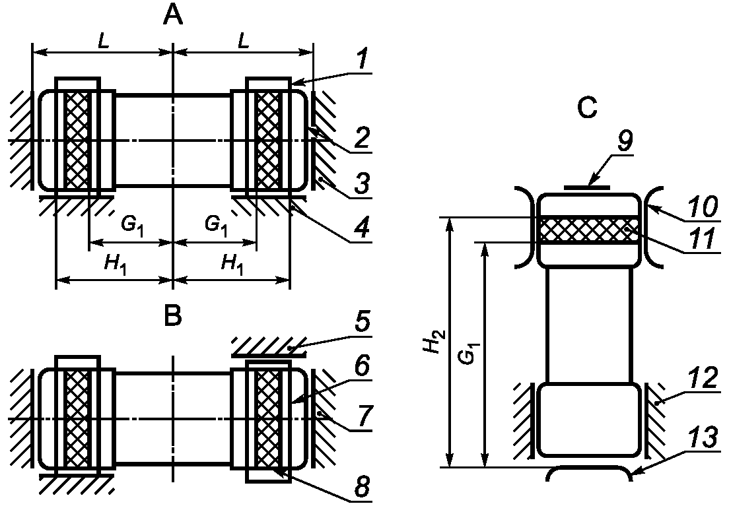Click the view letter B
[x=173, y=316]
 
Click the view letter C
[x=587, y=108]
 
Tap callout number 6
[x=363, y=366]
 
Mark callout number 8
[x=363, y=488]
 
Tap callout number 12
[x=703, y=379]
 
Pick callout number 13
[x=703, y=439]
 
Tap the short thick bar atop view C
[x=587, y=187]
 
